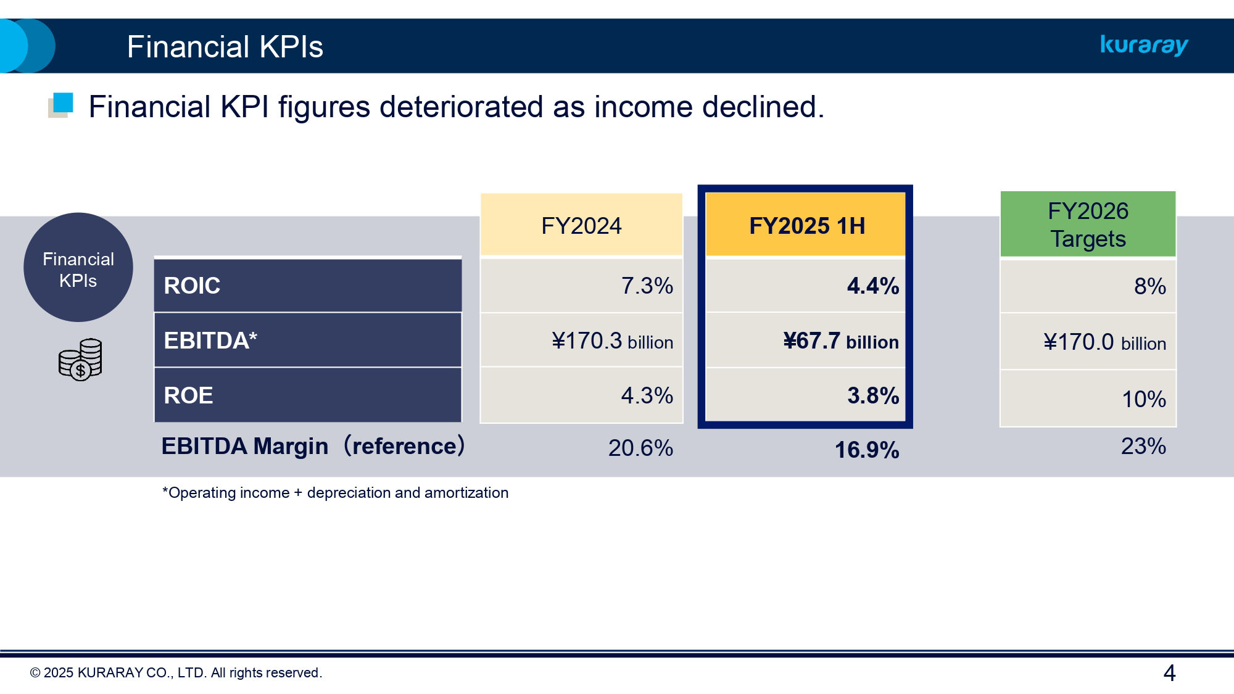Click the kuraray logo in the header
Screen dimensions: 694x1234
tap(1144, 45)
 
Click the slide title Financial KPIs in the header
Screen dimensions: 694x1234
tap(225, 47)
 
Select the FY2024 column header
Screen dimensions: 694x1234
tap(581, 225)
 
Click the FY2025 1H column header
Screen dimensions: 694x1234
tap(806, 225)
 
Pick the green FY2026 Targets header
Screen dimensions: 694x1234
tap(1088, 225)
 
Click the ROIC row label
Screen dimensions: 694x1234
tap(192, 286)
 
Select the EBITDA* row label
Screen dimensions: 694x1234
tap(210, 341)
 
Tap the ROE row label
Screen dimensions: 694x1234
tap(188, 395)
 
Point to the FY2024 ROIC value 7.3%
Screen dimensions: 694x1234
tap(647, 286)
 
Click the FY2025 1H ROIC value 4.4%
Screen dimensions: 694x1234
tap(872, 286)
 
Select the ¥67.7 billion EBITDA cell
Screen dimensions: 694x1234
tap(840, 341)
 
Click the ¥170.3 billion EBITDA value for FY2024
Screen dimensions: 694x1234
tap(612, 341)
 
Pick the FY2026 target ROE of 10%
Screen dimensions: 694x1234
tap(1143, 399)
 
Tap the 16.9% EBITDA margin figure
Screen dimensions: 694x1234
tap(866, 450)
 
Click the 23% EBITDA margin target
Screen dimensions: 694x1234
tap(1143, 446)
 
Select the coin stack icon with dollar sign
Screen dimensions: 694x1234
tap(80, 359)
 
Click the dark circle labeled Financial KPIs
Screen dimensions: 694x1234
tap(78, 268)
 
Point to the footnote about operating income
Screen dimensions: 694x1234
tap(335, 493)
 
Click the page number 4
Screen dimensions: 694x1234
tap(1169, 672)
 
